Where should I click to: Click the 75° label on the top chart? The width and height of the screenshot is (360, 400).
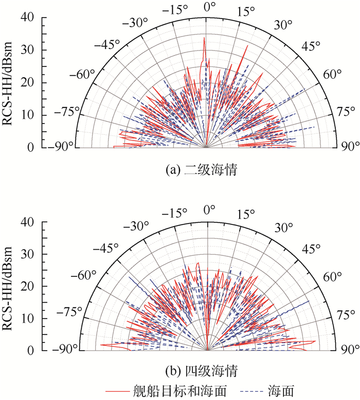point(346,111)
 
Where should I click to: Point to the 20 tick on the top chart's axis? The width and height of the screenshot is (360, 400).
point(28,82)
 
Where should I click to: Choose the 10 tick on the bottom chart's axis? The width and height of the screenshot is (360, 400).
point(28,319)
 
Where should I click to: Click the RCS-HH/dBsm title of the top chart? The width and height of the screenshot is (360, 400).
point(8,82)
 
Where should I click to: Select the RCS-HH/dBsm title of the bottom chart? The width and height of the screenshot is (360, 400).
point(8,286)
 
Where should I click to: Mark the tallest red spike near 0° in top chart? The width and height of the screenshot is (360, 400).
point(204,39)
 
